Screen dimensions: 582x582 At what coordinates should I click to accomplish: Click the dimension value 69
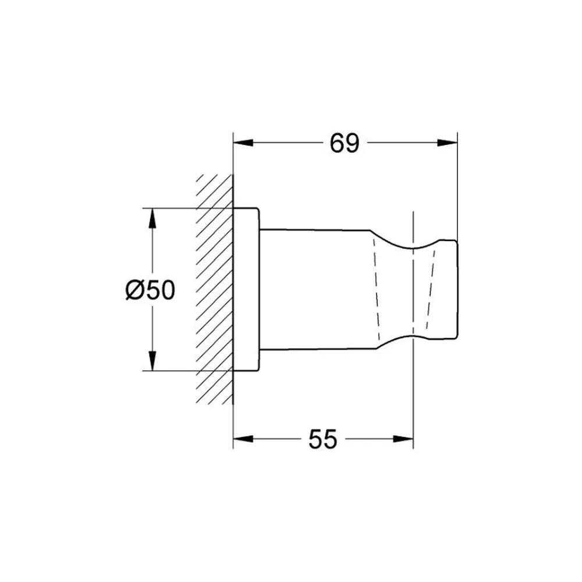tap(345, 143)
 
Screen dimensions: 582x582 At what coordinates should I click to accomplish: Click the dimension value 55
tap(322, 439)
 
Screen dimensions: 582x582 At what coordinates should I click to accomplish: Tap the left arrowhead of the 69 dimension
tap(243, 143)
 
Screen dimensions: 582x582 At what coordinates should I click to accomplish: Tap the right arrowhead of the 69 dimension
tap(447, 143)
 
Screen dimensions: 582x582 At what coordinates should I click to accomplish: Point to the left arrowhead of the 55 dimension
tap(243, 439)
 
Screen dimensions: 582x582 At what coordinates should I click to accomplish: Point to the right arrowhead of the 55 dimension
tap(403, 439)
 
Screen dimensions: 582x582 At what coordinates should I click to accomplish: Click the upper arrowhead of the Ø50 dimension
tap(152, 218)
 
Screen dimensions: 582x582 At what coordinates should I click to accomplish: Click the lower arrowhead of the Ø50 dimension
tap(152, 360)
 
